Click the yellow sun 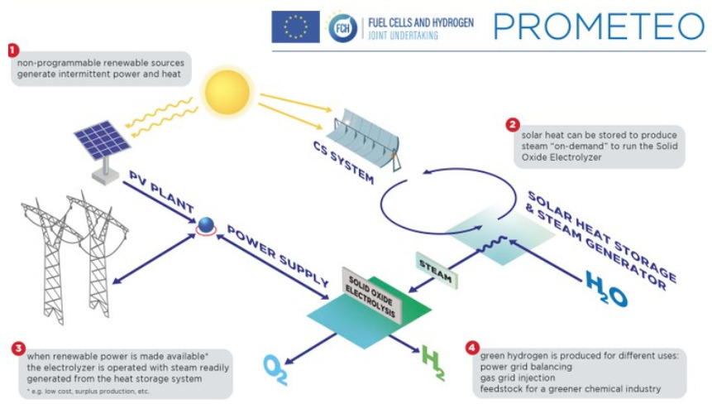click(225, 91)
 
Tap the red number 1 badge click(12, 50)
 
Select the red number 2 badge click(513, 126)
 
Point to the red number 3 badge click(17, 348)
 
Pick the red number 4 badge click(472, 348)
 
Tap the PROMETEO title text click(599, 26)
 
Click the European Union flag click(295, 27)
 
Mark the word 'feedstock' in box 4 click(503, 387)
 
